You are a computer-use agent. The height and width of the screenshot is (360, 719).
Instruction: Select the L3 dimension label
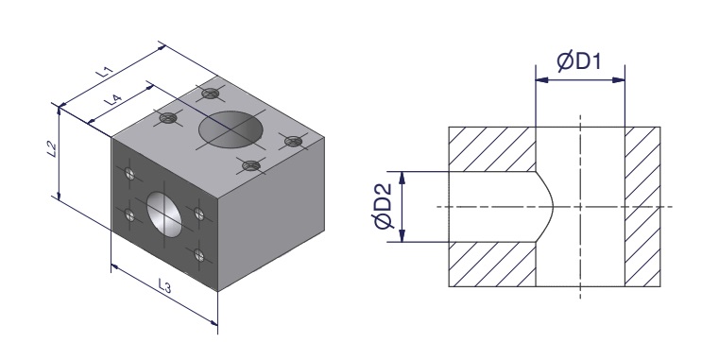[164, 285]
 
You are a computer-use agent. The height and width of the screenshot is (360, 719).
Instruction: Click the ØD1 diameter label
[579, 61]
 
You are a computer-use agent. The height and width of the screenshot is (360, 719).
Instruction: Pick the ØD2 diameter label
[383, 206]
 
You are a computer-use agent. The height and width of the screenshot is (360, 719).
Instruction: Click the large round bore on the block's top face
[231, 129]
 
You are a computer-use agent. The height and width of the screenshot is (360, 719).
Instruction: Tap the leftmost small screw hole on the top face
[168, 118]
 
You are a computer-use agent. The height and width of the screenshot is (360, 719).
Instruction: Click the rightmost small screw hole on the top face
[294, 141]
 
